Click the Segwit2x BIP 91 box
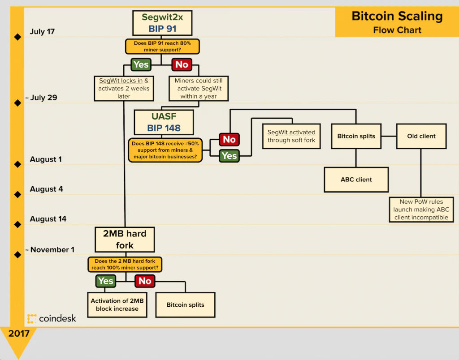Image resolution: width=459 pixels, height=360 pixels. coord(162,23)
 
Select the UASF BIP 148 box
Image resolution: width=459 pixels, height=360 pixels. coord(164,122)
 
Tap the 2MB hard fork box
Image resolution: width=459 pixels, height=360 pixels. coord(125,239)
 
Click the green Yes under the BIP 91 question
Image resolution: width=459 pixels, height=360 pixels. coord(141,64)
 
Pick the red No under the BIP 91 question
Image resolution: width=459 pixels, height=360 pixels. coord(182,64)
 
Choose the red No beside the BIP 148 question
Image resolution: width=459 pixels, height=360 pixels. coord(229,139)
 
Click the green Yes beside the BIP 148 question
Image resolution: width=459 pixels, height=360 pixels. coord(229,156)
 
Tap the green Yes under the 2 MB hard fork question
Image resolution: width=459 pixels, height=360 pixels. coord(106,281)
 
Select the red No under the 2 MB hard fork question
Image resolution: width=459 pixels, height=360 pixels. coord(145,281)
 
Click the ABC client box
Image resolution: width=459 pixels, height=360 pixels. coord(356,180)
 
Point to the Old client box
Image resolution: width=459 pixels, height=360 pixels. coord(421,136)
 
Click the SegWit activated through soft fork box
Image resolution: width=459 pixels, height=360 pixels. coord(291,136)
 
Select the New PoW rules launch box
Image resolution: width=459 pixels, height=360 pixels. coord(421,210)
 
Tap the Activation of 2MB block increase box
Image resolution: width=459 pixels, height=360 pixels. coord(117,304)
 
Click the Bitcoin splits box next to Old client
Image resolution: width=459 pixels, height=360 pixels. coord(356,136)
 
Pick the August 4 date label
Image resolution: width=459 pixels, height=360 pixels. coord(47,189)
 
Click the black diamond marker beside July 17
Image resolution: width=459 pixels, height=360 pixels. coord(17,37)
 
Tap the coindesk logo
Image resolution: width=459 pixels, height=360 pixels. coord(52,319)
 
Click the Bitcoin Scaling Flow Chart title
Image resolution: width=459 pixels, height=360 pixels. coord(397,22)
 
